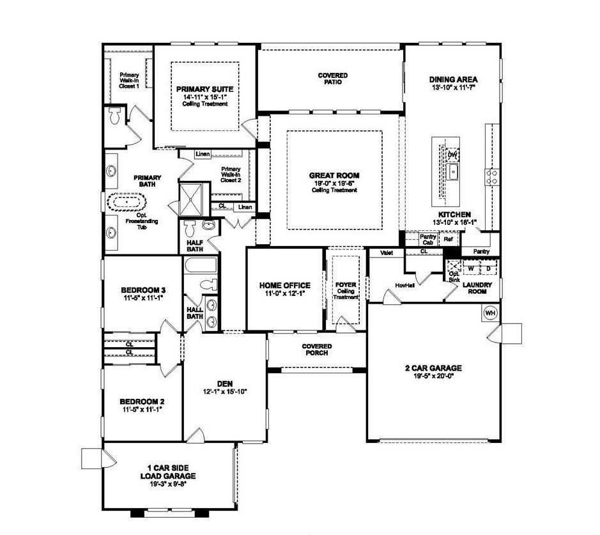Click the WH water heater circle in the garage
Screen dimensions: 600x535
click(x=491, y=313)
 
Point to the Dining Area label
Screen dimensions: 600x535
click(x=453, y=80)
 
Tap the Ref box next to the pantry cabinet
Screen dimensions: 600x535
click(x=449, y=239)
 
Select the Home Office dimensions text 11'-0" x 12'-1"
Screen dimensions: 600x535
click(x=284, y=293)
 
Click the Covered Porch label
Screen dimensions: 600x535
click(x=317, y=350)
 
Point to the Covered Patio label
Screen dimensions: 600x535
click(x=333, y=79)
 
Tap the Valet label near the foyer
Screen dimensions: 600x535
click(x=386, y=253)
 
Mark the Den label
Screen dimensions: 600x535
click(x=224, y=384)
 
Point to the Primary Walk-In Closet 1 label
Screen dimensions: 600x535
click(x=130, y=80)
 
